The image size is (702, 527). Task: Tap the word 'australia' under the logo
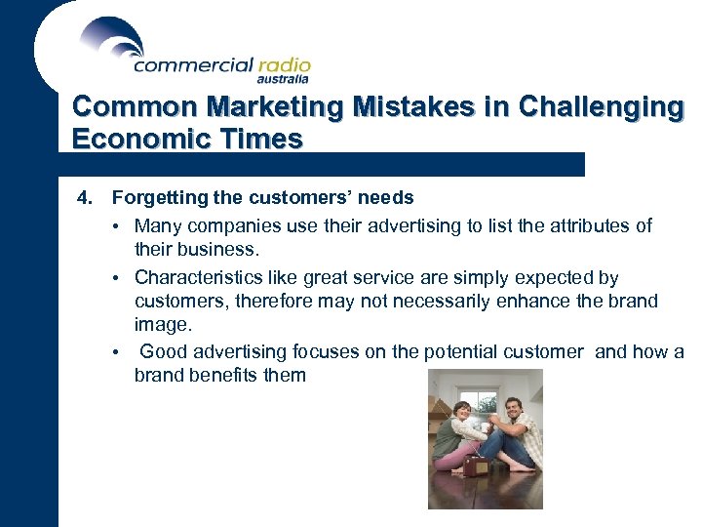coord(283,80)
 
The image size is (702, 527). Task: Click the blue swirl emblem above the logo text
coord(112,37)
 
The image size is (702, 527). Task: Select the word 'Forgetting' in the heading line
coord(151,198)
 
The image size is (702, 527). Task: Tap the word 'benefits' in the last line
coord(216,375)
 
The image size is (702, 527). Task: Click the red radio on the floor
coord(477,466)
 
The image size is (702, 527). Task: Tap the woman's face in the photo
coord(462,411)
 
